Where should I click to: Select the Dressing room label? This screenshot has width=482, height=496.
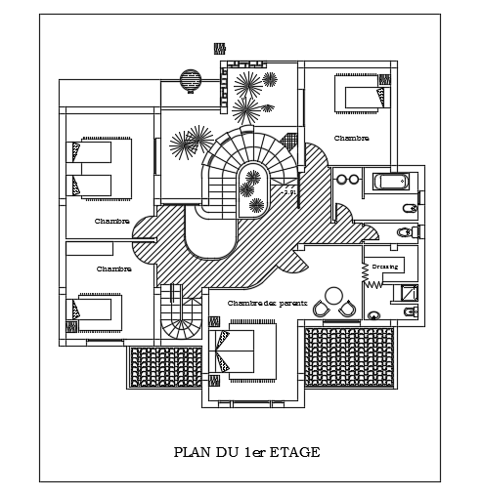[384, 266]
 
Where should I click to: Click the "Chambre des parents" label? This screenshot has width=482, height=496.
[267, 304]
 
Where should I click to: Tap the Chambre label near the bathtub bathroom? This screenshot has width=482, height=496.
[351, 139]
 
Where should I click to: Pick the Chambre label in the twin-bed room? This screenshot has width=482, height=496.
[112, 222]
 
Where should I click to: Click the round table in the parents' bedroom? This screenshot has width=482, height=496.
[333, 294]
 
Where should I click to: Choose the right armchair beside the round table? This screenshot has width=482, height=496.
[348, 309]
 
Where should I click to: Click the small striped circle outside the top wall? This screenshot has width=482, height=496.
[191, 79]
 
